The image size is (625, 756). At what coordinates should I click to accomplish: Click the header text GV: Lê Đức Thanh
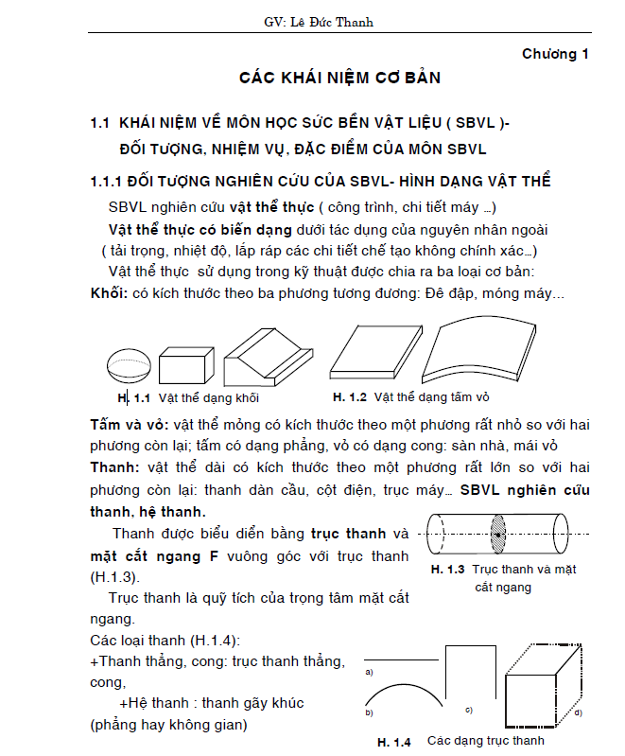tap(311, 22)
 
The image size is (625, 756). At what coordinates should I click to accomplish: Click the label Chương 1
tap(555, 54)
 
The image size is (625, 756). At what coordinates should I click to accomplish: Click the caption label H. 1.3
tap(447, 570)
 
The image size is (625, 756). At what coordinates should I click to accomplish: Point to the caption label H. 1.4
tap(393, 742)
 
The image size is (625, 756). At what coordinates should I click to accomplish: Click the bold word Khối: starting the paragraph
tap(109, 293)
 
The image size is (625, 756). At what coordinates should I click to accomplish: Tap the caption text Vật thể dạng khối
tap(196, 397)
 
